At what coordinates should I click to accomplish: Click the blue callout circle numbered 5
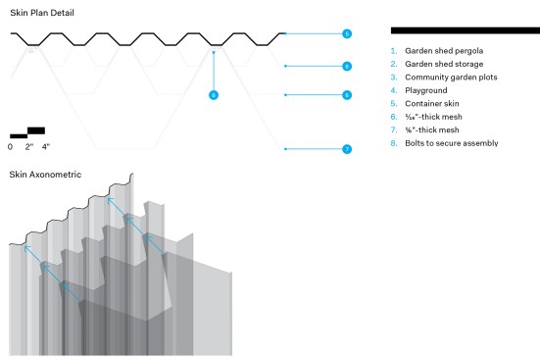pyautogui.click(x=347, y=33)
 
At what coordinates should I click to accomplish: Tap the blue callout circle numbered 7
pyautogui.click(x=347, y=149)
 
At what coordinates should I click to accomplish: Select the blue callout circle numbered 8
pyautogui.click(x=214, y=95)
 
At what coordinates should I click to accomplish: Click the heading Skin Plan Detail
pyautogui.click(x=42, y=13)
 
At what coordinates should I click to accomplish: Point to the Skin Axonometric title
pyautogui.click(x=45, y=175)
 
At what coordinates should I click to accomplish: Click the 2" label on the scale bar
pyautogui.click(x=29, y=147)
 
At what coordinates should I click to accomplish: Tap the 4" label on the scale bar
pyautogui.click(x=46, y=147)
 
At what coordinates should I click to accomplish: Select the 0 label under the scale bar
pyautogui.click(x=11, y=147)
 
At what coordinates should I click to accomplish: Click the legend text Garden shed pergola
pyautogui.click(x=444, y=51)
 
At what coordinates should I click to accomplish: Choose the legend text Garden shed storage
pyautogui.click(x=444, y=64)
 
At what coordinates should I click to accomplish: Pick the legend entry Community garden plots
pyautogui.click(x=451, y=77)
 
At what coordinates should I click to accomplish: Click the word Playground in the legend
pyautogui.click(x=426, y=90)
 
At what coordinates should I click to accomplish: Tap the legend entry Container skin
pyautogui.click(x=432, y=104)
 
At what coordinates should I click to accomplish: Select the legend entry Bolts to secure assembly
pyautogui.click(x=452, y=143)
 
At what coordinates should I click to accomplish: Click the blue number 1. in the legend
pyautogui.click(x=394, y=51)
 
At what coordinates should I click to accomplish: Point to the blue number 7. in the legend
pyautogui.click(x=394, y=130)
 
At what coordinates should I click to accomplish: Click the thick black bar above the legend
pyautogui.click(x=466, y=30)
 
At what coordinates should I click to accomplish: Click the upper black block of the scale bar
pyautogui.click(x=36, y=130)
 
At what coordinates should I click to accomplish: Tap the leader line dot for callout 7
pyautogui.click(x=285, y=149)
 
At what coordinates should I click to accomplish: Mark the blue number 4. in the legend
pyautogui.click(x=394, y=90)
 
